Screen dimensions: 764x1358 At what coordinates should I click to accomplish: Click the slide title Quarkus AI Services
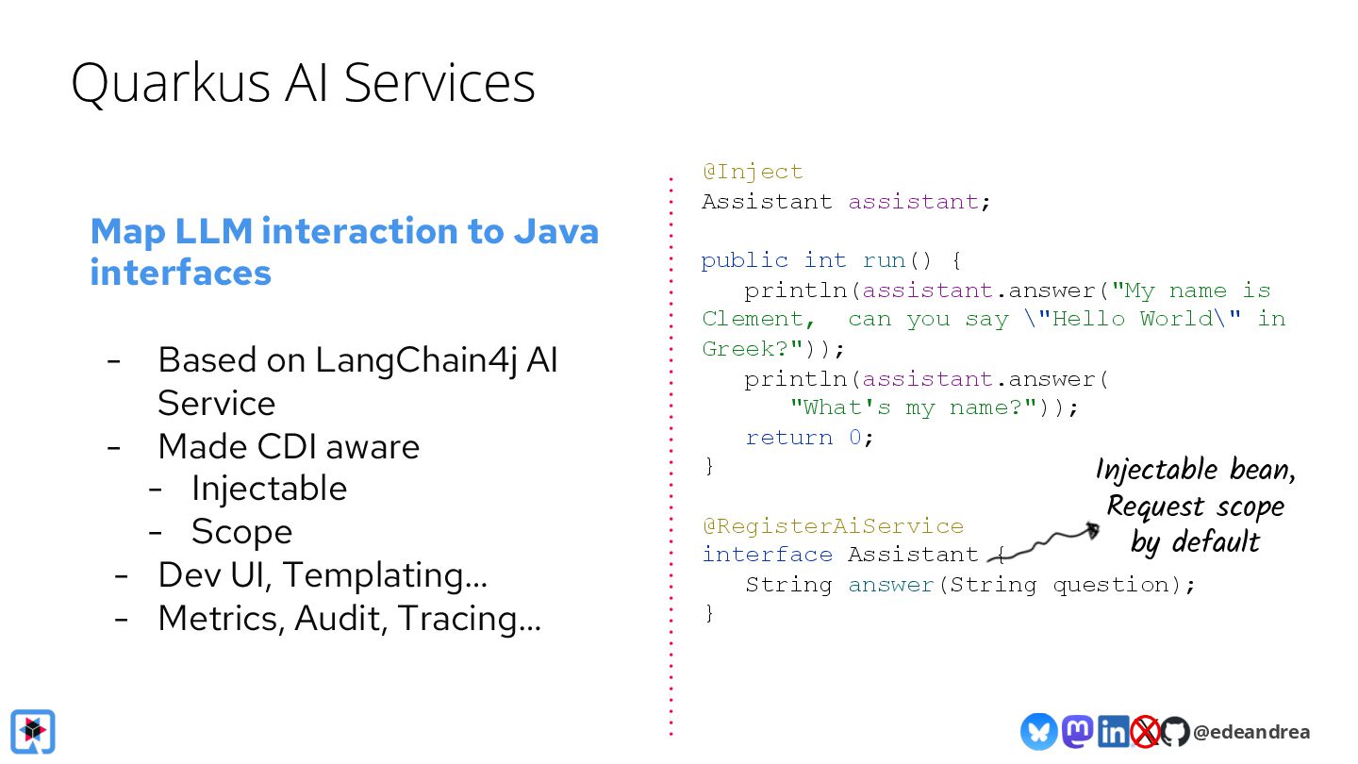(x=303, y=82)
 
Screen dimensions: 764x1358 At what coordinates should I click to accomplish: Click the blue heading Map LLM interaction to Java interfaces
(x=344, y=251)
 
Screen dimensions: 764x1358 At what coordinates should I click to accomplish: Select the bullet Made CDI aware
(x=289, y=446)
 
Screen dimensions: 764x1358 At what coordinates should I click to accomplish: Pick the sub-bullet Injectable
(x=269, y=489)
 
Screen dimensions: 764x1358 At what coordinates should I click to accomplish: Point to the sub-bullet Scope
(x=241, y=532)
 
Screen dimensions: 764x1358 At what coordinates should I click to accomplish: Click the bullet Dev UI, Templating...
(x=323, y=574)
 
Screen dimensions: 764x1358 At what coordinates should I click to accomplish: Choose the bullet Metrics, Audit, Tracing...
(x=349, y=618)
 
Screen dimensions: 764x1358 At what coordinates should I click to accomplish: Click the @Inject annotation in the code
(x=753, y=172)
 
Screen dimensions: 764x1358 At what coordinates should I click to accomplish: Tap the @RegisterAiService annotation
(x=833, y=525)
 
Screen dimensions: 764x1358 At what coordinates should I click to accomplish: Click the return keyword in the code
(x=789, y=438)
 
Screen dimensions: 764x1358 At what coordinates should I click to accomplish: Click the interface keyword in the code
(x=767, y=555)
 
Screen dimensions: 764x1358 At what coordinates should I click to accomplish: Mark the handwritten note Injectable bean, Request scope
(x=1196, y=506)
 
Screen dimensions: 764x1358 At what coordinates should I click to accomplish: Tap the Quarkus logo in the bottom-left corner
(x=33, y=732)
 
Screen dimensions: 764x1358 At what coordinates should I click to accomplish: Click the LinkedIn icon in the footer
(x=1113, y=731)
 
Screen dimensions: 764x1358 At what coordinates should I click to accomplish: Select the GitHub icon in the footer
(x=1174, y=732)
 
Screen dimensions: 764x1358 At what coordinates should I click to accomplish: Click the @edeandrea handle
(x=1251, y=732)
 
